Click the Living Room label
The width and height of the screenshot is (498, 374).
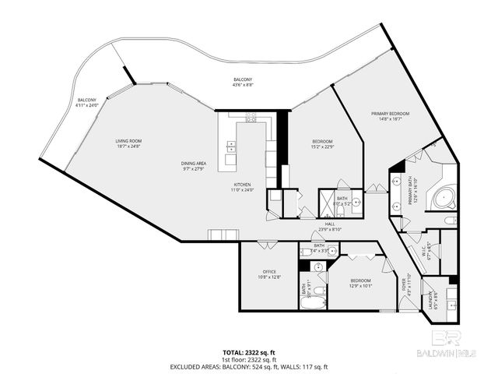(x=129, y=143)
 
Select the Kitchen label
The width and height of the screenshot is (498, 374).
(x=242, y=186)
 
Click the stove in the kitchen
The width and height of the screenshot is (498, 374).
(x=251, y=118)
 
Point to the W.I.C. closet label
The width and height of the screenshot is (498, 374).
(x=426, y=252)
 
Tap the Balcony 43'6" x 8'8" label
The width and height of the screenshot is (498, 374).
(x=243, y=83)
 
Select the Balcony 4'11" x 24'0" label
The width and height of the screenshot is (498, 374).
(x=87, y=102)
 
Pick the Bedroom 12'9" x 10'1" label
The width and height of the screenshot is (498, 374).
(x=360, y=283)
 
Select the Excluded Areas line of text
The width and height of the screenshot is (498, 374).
(x=250, y=367)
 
